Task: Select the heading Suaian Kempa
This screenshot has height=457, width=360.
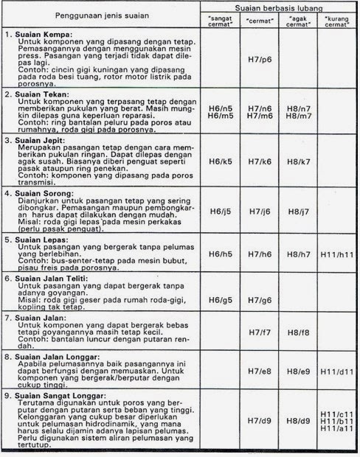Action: point(46,35)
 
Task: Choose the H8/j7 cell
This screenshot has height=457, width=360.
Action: point(298,212)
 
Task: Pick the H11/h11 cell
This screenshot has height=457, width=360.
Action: point(337,254)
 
